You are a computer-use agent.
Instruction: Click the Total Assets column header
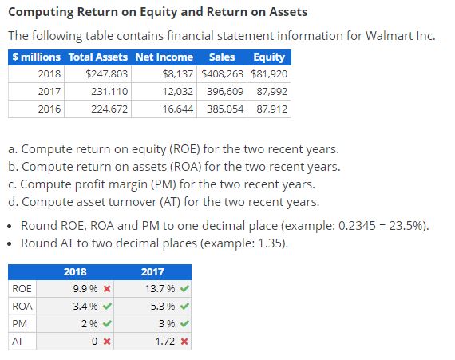tap(99, 57)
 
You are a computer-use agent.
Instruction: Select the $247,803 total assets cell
tap(107, 73)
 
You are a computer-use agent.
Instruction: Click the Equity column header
tap(269, 57)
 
